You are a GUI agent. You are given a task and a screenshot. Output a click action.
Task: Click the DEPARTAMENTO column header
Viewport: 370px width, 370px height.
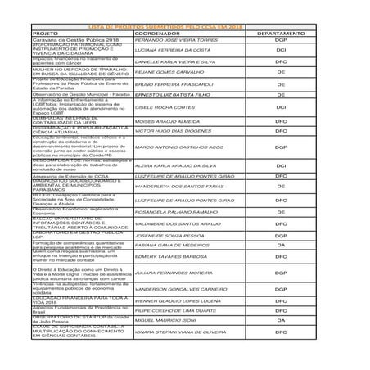click(281, 34)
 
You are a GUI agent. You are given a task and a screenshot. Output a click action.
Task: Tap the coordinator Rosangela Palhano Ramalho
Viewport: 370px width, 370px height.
click(177, 212)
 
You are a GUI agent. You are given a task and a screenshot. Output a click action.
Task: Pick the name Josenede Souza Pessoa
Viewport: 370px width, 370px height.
click(172, 236)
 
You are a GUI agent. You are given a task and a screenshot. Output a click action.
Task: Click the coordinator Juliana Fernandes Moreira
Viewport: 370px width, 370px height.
click(176, 273)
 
